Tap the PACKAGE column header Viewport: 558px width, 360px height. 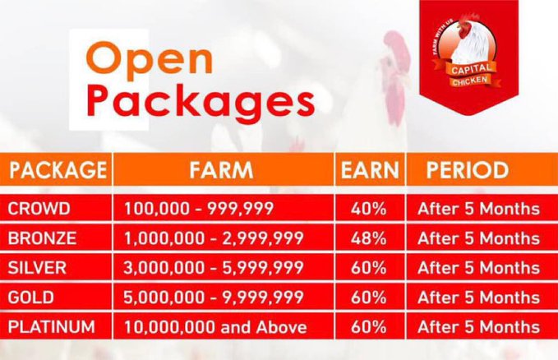[x=58, y=169]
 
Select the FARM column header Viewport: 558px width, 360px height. [x=221, y=169]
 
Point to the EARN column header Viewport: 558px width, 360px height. [x=370, y=169]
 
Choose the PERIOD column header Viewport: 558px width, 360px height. [x=468, y=169]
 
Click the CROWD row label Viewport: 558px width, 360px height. [x=39, y=209]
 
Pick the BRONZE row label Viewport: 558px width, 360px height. [x=42, y=238]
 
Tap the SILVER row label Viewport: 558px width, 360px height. [x=37, y=268]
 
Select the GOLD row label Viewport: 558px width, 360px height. [x=30, y=298]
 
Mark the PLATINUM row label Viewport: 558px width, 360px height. [x=51, y=327]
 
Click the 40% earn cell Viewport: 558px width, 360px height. [x=369, y=209]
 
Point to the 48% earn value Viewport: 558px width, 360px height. [x=369, y=238]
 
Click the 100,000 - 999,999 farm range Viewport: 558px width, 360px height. [x=199, y=209]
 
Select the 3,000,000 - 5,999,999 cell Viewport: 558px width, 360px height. [x=214, y=268]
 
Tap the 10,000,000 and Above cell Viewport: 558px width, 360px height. [x=215, y=327]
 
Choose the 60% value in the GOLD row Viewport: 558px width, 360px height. [x=369, y=298]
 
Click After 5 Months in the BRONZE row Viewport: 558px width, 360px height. [x=478, y=238]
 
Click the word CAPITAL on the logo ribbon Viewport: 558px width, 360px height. [x=471, y=68]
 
